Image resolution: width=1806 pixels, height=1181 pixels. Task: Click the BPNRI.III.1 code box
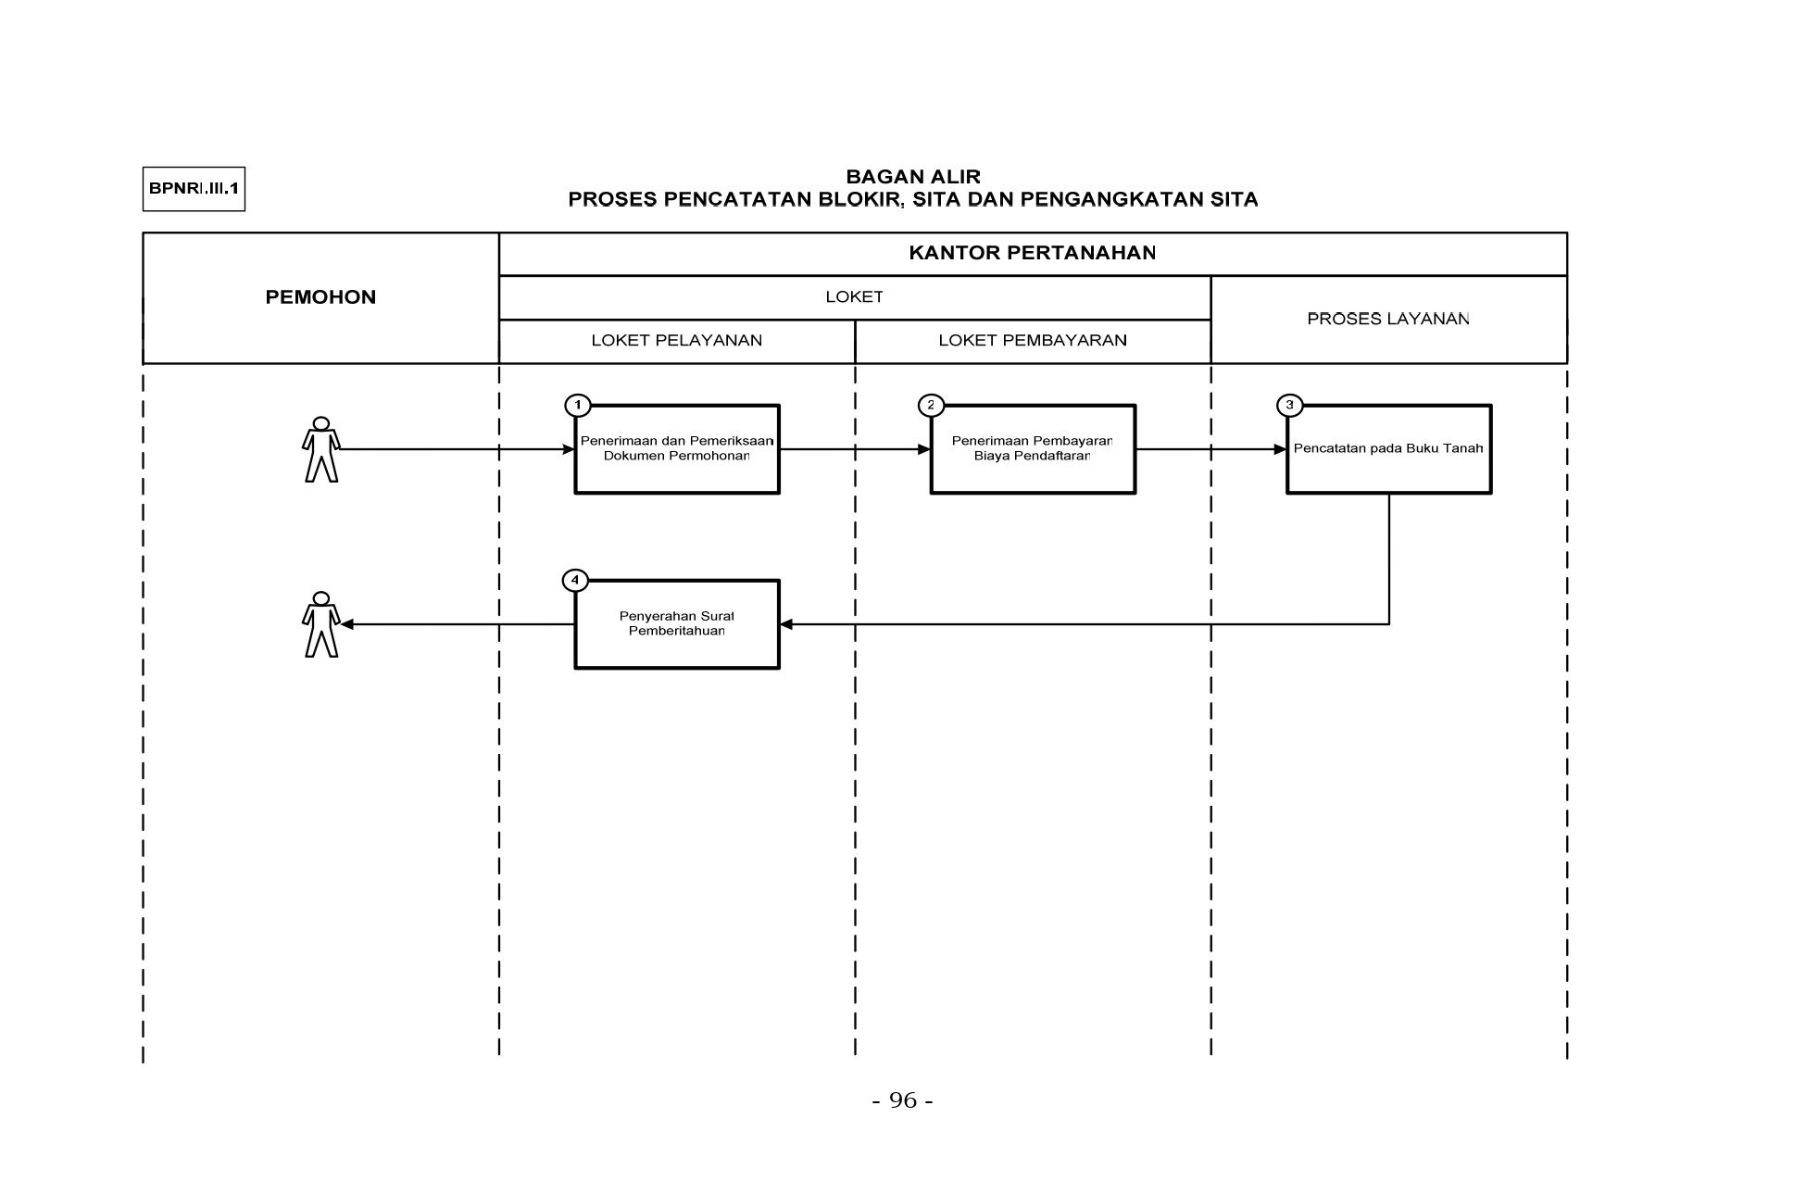click(194, 189)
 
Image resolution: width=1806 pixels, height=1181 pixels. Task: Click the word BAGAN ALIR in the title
click(913, 177)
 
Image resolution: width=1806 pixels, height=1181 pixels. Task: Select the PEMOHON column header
click(320, 297)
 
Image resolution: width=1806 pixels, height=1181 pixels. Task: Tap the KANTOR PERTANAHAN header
click(1033, 253)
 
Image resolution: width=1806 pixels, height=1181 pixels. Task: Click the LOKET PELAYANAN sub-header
click(677, 340)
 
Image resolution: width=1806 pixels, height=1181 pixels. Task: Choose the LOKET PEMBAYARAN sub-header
click(1033, 340)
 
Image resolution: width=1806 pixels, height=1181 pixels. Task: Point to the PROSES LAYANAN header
click(1388, 319)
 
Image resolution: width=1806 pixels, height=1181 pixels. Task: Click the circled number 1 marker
click(577, 405)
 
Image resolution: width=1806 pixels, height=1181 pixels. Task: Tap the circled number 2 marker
click(931, 405)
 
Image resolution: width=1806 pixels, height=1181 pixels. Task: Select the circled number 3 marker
click(1289, 405)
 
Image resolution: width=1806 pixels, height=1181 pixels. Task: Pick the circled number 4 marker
click(575, 580)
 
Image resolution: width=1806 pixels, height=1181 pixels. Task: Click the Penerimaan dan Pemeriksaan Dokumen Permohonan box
click(677, 448)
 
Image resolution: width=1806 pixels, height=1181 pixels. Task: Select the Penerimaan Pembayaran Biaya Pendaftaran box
click(1033, 448)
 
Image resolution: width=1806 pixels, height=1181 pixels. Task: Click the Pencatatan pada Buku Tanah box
click(1388, 448)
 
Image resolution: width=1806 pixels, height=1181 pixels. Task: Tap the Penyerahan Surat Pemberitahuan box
click(677, 624)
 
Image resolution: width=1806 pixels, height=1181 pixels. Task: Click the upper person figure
click(321, 449)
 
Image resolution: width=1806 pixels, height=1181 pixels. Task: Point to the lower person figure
click(321, 624)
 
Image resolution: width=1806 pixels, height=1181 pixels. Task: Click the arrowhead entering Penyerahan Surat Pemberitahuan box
click(786, 624)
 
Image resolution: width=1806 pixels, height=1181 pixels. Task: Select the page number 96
click(903, 1100)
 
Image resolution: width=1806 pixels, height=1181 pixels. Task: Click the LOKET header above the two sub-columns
click(854, 297)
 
